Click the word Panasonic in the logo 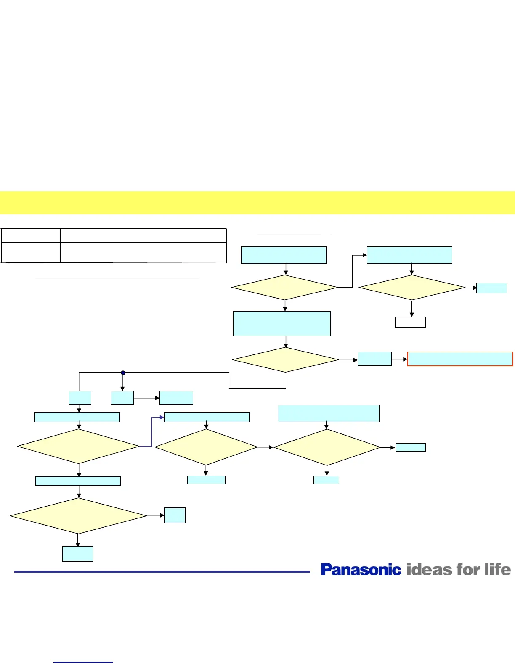[x=361, y=570]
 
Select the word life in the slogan [x=498, y=570]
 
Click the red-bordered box [x=460, y=359]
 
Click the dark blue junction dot [x=123, y=373]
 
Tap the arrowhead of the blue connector [x=162, y=418]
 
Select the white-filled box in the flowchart [x=410, y=322]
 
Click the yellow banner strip [x=257, y=203]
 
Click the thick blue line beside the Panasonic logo [x=162, y=571]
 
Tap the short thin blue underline [x=83, y=663]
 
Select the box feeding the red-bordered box [x=374, y=359]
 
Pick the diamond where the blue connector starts [x=79, y=446]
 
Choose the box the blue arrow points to [x=207, y=417]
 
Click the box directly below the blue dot [x=122, y=398]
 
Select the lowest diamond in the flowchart [x=79, y=516]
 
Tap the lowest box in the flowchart [x=77, y=554]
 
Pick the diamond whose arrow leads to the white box [x=412, y=288]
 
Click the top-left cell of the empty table [x=30, y=235]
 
